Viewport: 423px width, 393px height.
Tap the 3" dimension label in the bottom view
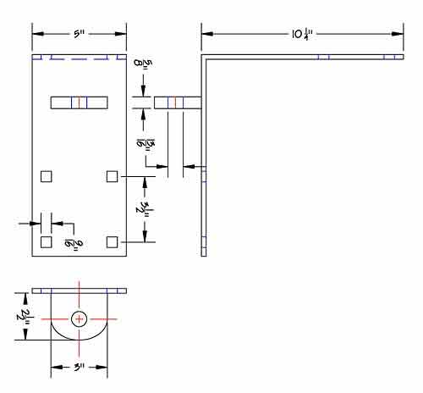pyautogui.click(x=79, y=369)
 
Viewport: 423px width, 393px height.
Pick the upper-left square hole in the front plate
pyautogui.click(x=47, y=175)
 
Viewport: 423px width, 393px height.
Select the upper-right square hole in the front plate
pyautogui.click(x=112, y=175)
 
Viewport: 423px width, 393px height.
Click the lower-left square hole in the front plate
pyautogui.click(x=47, y=242)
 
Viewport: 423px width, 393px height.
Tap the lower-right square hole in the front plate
pyautogui.click(x=112, y=242)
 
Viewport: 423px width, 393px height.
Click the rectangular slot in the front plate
pyautogui.click(x=80, y=102)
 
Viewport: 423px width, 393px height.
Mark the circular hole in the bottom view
pyautogui.click(x=79, y=319)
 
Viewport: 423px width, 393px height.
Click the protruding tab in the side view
pyautogui.click(x=178, y=102)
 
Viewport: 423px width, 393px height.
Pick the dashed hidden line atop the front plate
pyautogui.click(x=79, y=58)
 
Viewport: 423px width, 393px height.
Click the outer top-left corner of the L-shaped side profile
pyautogui.click(x=202, y=56)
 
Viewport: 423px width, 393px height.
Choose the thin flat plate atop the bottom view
pyautogui.click(x=79, y=291)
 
